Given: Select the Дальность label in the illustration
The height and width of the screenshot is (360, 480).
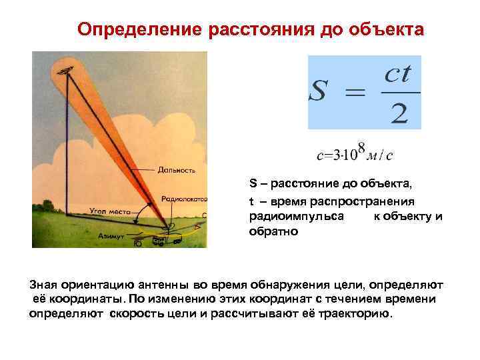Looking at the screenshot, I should click(x=176, y=170).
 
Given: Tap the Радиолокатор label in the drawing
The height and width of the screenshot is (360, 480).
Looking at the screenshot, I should click(x=185, y=199).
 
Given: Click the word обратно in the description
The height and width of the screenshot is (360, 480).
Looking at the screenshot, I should click(x=274, y=232).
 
